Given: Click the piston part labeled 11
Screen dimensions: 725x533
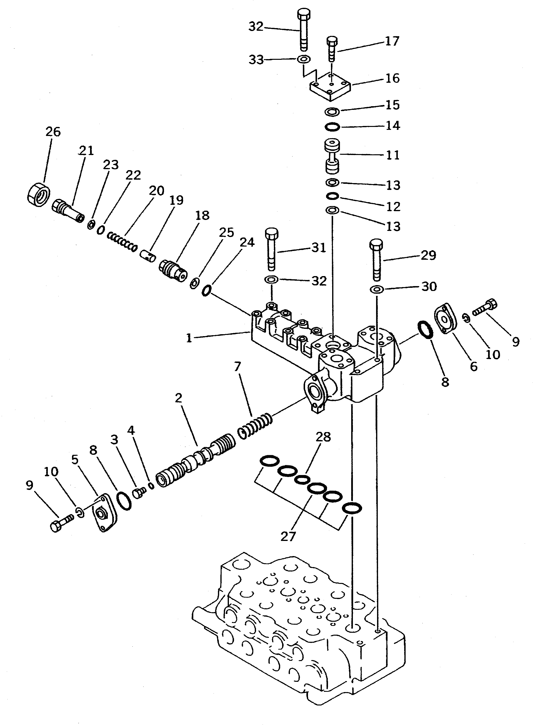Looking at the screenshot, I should [332, 156].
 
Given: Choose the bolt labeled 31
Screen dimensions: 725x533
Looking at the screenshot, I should [271, 249].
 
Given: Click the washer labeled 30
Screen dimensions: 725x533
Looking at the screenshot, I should [376, 289].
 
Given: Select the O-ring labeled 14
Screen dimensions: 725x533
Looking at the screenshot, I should [332, 127].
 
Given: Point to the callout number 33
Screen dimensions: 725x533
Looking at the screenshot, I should [256, 60].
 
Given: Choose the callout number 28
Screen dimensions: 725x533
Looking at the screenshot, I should [323, 437].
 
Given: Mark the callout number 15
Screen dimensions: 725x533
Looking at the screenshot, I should [393, 105].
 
